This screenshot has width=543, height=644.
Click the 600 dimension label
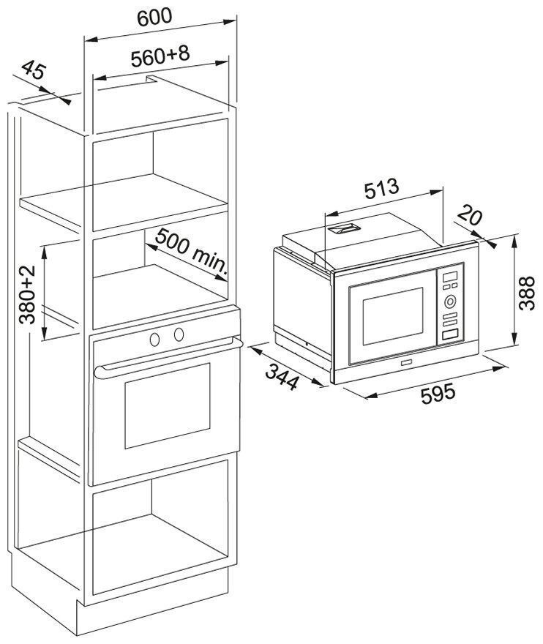coord(154,18)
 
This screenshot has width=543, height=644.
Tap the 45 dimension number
coord(32,70)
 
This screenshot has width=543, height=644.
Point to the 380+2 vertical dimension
coord(27,294)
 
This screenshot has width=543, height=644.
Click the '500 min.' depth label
coord(191,251)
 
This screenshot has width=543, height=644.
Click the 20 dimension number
coord(469,215)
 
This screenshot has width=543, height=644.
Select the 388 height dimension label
coord(527,293)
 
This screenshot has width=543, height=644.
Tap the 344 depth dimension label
coord(282,377)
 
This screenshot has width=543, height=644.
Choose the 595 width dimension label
coord(438,394)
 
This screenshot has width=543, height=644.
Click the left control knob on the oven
coord(155,340)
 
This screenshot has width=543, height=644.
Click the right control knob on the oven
coord(179,334)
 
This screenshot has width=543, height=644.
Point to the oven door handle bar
coord(168,357)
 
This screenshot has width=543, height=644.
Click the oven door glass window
coord(167,405)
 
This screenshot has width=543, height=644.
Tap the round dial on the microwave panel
coord(450,302)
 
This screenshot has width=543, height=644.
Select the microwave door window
coord(393,316)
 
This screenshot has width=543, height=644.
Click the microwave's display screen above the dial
coord(450,277)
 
